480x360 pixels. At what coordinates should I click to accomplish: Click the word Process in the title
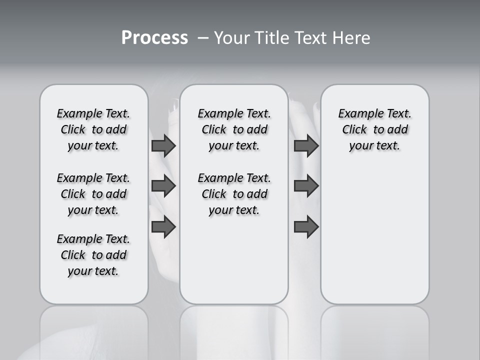[x=154, y=38]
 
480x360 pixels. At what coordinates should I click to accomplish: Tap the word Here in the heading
[x=351, y=38]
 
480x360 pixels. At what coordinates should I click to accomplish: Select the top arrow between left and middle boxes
[x=163, y=146]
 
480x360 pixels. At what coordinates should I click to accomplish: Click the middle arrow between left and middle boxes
[x=163, y=186]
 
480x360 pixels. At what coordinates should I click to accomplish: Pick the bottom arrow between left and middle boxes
[x=163, y=227]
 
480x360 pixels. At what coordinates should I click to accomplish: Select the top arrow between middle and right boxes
[x=306, y=146]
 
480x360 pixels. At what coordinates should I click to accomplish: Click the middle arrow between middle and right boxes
[x=306, y=186]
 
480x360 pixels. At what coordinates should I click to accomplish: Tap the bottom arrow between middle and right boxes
[x=306, y=227]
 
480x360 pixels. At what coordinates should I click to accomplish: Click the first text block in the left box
[x=93, y=129]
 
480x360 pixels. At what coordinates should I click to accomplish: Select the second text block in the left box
[x=93, y=194]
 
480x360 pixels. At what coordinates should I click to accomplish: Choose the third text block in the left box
[x=93, y=255]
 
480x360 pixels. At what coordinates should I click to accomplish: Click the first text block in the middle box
[x=234, y=129]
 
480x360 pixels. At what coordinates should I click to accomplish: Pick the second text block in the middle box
[x=234, y=194]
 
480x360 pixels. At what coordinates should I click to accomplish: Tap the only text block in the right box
[x=374, y=129]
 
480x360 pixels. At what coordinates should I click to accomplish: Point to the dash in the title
[x=203, y=38]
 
